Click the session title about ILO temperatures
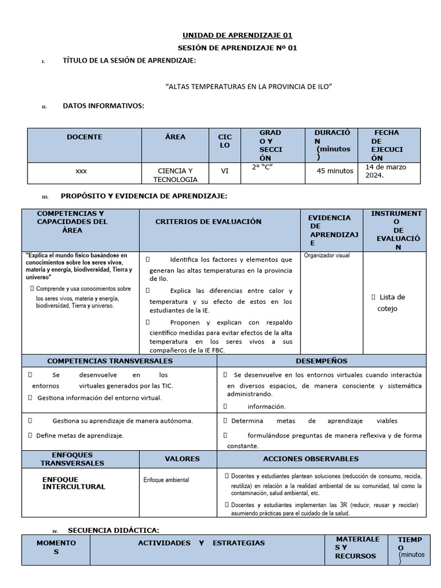[249, 86]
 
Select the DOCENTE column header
[84, 137]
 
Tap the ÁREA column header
[175, 137]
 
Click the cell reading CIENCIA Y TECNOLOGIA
[175, 175]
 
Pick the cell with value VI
[225, 171]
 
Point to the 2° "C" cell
[262, 168]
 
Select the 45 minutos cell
[335, 171]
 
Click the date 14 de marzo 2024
[385, 171]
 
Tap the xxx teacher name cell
[82, 171]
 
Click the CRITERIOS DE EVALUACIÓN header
[208, 222]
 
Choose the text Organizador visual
[326, 256]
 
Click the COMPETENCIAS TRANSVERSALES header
[110, 361]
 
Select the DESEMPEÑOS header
[321, 361]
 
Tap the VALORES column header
[182, 459]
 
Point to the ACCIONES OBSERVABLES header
[311, 459]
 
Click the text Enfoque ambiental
[166, 479]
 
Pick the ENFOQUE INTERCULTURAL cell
[73, 483]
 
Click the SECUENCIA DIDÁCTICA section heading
[113, 529]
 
